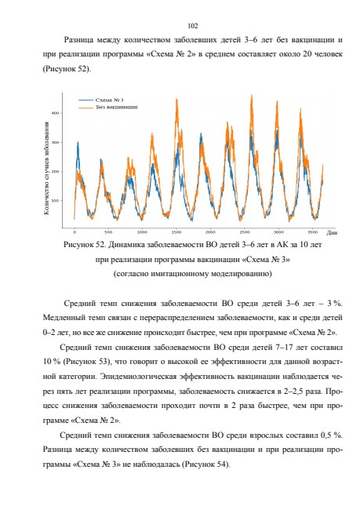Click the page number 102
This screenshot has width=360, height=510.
pyautogui.click(x=193, y=26)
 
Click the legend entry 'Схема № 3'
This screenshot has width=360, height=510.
pyautogui.click(x=109, y=100)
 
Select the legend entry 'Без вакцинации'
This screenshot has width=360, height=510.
pyautogui.click(x=116, y=107)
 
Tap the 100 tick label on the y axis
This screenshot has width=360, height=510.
pyautogui.click(x=55, y=200)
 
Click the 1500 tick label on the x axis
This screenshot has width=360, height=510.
pyautogui.click(x=176, y=232)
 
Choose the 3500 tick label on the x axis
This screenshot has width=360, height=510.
pyautogui.click(x=312, y=232)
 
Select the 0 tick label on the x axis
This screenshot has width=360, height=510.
pyautogui.click(x=75, y=232)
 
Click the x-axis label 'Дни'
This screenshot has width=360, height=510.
pyautogui.click(x=332, y=232)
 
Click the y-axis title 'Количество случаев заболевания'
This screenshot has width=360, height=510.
pyautogui.click(x=46, y=168)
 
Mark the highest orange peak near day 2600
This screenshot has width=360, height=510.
pyautogui.click(x=252, y=95)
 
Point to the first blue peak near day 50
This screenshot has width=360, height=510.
pyautogui.click(x=78, y=142)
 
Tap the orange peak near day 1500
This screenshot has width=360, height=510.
pyautogui.click(x=176, y=99)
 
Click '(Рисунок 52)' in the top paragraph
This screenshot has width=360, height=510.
pyautogui.click(x=65, y=69)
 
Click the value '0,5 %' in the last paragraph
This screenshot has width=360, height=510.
pyautogui.click(x=332, y=435)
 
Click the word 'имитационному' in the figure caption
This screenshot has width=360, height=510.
pyautogui.click(x=183, y=274)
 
